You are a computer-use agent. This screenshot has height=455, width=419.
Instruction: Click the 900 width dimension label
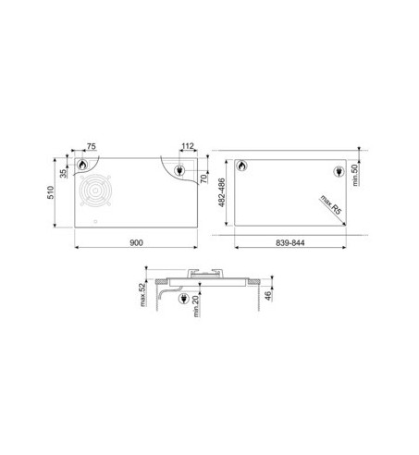136,243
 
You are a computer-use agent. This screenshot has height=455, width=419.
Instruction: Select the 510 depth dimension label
51,192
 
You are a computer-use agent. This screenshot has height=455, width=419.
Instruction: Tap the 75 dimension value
92,146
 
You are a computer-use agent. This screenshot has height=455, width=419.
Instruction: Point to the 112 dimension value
188,146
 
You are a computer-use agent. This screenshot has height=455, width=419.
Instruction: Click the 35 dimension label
63,174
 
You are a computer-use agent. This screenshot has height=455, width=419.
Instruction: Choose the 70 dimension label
203,178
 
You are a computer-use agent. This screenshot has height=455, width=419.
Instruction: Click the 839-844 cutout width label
290,243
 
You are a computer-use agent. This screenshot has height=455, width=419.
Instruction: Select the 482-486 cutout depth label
222,192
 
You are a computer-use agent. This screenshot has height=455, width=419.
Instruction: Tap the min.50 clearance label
355,175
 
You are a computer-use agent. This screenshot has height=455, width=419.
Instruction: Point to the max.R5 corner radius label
331,204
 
